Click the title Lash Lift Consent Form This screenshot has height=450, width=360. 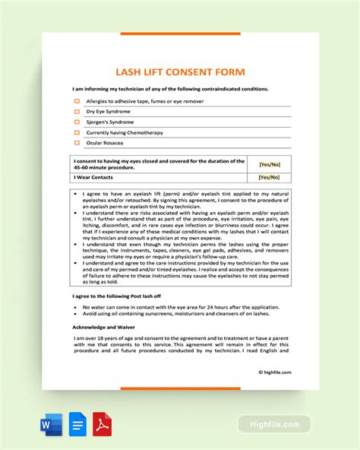180,72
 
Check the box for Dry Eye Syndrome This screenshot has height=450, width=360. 76,111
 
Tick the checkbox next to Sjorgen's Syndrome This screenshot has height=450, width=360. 76,122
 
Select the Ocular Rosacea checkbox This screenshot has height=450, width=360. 76,142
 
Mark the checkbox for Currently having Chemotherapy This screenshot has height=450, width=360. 76,132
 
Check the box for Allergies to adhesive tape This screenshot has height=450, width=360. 76,100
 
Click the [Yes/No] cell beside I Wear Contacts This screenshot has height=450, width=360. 270,177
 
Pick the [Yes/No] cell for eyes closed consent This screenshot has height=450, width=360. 270,163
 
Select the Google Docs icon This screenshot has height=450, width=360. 77,422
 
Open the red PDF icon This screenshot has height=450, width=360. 102,422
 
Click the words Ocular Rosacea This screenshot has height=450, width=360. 105,142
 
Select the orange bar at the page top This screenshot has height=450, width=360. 180,33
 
